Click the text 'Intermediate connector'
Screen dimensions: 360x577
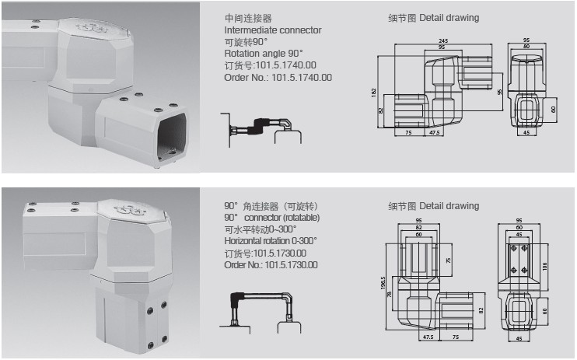(272, 30)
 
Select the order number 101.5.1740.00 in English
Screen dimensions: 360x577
(278, 77)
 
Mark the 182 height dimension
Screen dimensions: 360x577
(374, 93)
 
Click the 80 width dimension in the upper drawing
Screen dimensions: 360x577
(526, 47)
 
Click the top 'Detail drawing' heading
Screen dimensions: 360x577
(434, 17)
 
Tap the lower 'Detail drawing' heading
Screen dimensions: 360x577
(434, 206)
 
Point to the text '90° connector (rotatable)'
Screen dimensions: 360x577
(271, 218)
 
